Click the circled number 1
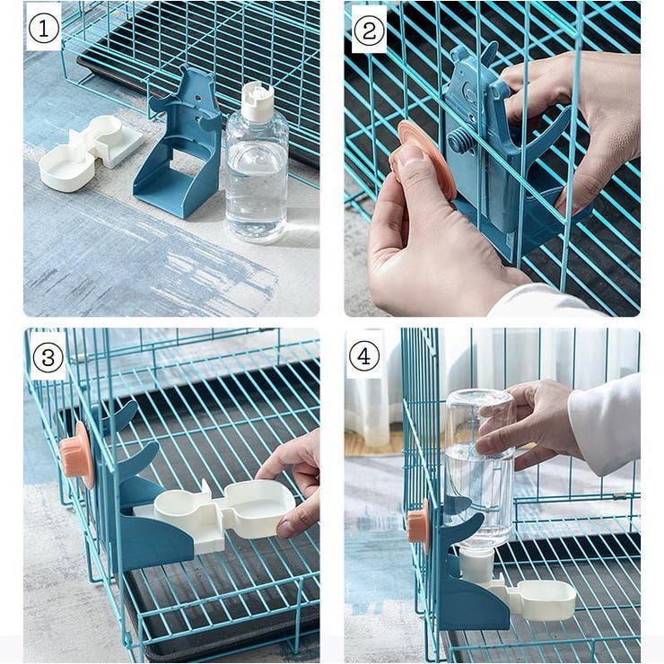[x=44, y=30]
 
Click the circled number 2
[x=368, y=30]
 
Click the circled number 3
[x=48, y=358]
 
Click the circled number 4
[x=363, y=356]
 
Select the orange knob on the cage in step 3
[x=77, y=455]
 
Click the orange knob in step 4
[x=418, y=524]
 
